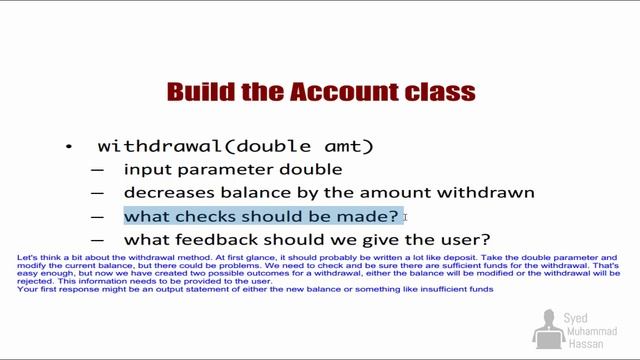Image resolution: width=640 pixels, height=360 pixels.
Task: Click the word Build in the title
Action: pyautogui.click(x=198, y=93)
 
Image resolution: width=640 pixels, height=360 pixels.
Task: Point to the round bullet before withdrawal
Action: pyautogui.click(x=69, y=147)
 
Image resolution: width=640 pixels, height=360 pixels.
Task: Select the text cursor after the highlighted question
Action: pyautogui.click(x=406, y=217)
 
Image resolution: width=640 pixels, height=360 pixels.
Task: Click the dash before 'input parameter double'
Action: pyautogui.click(x=97, y=170)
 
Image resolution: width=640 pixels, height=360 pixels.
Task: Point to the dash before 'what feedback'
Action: pyautogui.click(x=97, y=240)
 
